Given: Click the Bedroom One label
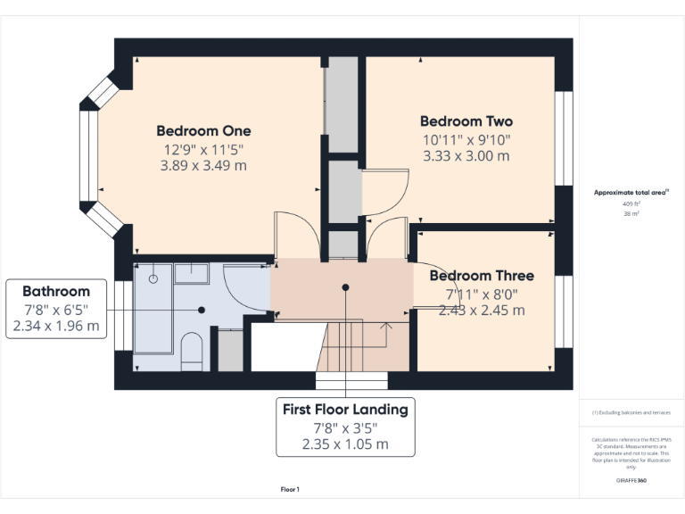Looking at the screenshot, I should pos(203,129).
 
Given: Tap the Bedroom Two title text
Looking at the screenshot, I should pos(466,120).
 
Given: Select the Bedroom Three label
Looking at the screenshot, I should pos(482,276).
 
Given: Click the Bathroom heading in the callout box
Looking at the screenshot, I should pos(56,291).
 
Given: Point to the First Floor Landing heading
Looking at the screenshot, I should pos(345,410).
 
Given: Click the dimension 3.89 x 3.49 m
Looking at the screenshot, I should pos(203,165).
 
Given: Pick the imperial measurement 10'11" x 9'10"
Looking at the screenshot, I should pos(466,139).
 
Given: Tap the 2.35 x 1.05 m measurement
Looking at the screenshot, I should pos(345,444).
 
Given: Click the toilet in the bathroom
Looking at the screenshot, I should pos(192,352).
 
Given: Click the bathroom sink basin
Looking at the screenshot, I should pos(190,273).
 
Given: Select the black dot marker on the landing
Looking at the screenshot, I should pos(344,287).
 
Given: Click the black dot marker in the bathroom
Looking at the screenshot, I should pos(202,310).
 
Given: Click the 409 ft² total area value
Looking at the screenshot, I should pos(631,203).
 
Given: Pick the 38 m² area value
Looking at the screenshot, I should pos(631,214).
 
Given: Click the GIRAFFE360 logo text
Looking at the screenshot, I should pos(631,480).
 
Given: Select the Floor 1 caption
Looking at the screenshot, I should pos(290,489).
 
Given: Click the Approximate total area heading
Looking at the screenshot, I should pos(631,192).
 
